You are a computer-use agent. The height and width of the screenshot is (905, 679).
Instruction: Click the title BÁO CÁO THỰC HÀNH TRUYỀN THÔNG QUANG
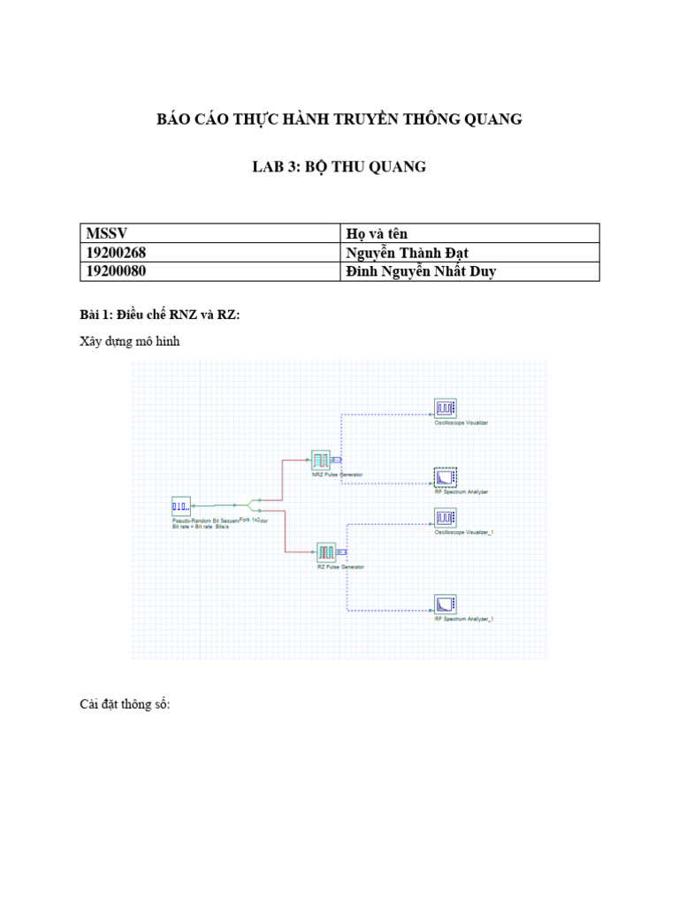click(339, 119)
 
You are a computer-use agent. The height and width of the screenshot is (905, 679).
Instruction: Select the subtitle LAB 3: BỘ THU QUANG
click(339, 166)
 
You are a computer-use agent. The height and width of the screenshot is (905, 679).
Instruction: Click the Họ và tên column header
click(376, 233)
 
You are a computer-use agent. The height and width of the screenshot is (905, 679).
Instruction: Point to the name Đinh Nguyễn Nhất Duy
click(421, 271)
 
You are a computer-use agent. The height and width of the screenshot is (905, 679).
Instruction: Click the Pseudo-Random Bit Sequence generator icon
click(180, 506)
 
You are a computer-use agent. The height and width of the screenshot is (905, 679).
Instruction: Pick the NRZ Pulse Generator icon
click(319, 460)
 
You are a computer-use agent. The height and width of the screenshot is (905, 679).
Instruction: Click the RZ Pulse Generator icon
click(326, 552)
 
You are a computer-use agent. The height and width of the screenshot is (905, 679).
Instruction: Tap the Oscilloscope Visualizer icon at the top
click(444, 407)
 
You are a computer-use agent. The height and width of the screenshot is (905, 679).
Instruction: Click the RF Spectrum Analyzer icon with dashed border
click(444, 477)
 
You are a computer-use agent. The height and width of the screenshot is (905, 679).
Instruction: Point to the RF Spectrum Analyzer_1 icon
click(444, 605)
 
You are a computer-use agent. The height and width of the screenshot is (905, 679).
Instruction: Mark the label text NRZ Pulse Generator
click(336, 475)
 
